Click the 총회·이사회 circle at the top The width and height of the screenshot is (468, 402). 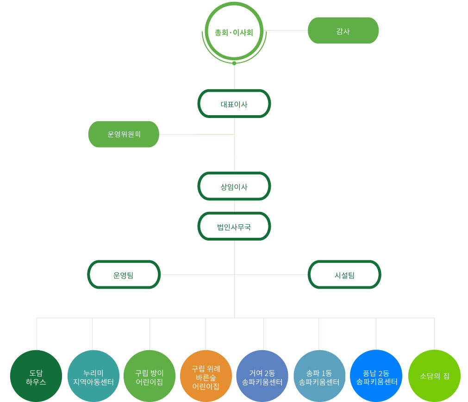(x=234, y=32)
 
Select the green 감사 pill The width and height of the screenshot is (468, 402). (x=343, y=31)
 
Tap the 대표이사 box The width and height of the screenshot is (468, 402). (x=234, y=104)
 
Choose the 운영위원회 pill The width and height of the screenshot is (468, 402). (x=124, y=134)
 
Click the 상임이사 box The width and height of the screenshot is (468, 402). (x=234, y=186)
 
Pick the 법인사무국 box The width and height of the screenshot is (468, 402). (x=234, y=226)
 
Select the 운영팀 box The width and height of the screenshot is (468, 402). (x=124, y=274)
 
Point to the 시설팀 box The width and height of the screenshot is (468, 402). (x=344, y=274)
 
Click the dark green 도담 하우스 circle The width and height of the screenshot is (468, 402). (x=36, y=376)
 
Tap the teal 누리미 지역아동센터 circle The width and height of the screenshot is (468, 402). (x=94, y=376)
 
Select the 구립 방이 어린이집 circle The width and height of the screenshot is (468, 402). (x=150, y=376)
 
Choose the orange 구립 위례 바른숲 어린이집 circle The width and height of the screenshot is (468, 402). (x=206, y=376)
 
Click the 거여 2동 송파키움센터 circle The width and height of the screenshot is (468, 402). (x=262, y=376)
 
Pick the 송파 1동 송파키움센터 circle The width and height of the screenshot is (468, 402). (x=319, y=376)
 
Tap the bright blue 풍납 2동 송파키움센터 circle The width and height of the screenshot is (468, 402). (x=376, y=376)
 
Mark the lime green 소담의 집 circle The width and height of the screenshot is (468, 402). (x=434, y=376)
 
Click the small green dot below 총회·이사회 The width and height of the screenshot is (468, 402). (x=234, y=63)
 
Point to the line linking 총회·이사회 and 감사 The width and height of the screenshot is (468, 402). (x=287, y=31)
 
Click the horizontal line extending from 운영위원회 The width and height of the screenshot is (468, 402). (x=197, y=134)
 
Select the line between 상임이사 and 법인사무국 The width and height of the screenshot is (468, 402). (x=234, y=206)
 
